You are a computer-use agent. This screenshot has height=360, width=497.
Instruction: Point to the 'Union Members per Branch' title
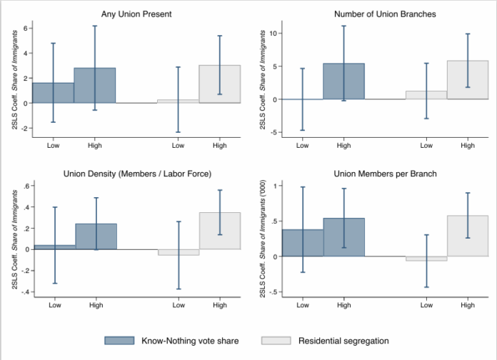click(386, 174)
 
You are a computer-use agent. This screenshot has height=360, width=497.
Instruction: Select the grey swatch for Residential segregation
click(277, 341)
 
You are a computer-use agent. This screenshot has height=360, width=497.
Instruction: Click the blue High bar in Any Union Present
click(95, 85)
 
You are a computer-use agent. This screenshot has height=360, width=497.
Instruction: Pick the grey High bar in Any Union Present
click(220, 84)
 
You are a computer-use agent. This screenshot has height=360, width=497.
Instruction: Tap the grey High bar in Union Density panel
click(220, 231)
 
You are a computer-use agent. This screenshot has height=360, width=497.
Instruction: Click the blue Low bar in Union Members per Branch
click(302, 243)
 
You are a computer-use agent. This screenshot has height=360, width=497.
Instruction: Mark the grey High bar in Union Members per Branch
click(468, 236)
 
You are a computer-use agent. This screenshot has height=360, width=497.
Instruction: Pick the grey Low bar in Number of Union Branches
click(426, 95)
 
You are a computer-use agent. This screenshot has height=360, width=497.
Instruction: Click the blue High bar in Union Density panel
click(96, 236)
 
